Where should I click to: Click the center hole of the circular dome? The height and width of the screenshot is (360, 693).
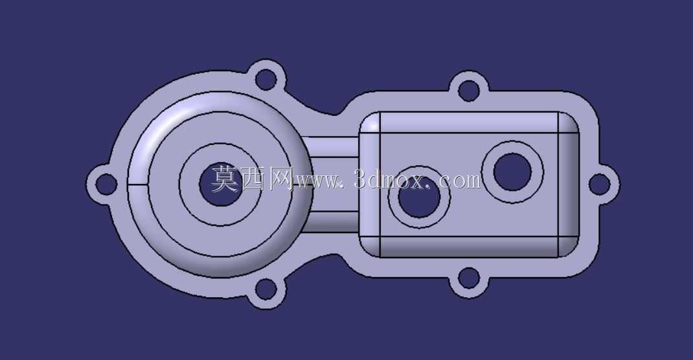[221, 184]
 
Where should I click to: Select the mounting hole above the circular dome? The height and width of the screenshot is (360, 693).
[266, 80]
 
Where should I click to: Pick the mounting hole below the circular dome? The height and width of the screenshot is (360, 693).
[266, 289]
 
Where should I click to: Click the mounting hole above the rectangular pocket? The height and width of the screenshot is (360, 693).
[468, 91]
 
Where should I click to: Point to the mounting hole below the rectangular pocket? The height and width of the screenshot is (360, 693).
[468, 278]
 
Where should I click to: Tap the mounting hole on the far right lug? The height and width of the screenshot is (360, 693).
[600, 184]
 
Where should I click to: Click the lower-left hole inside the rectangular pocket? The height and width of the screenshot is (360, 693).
[419, 197]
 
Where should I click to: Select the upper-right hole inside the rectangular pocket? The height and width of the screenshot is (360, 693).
[512, 172]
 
